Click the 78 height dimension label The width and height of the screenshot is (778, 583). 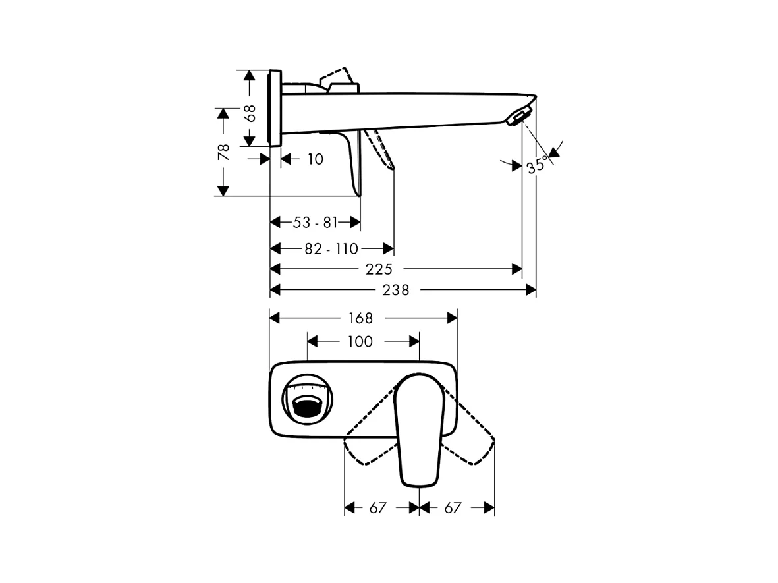(x=224, y=152)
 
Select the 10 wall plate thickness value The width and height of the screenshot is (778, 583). (x=315, y=159)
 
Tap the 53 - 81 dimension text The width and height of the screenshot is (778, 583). (x=315, y=223)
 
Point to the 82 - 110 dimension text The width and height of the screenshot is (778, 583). (x=331, y=249)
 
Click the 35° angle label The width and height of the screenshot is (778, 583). (x=537, y=164)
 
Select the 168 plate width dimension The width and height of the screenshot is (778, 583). (x=360, y=318)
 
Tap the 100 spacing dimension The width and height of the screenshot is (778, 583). (x=360, y=341)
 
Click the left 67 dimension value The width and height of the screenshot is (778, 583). (x=376, y=508)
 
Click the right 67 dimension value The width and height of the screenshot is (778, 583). (x=453, y=508)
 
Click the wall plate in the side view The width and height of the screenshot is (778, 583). (x=275, y=108)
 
